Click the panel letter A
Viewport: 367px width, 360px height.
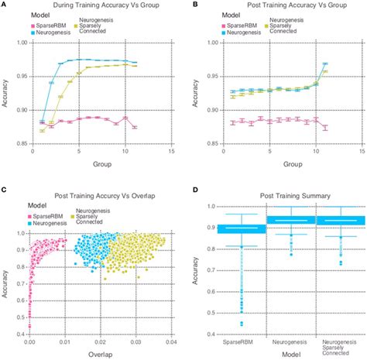pyautogui.click(x=5, y=5)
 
